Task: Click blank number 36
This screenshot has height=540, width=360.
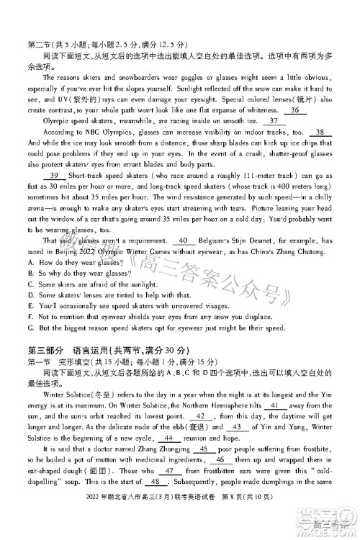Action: click(x=294, y=110)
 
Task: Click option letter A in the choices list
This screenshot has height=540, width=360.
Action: click(x=30, y=262)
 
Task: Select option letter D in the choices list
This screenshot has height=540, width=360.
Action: click(x=30, y=294)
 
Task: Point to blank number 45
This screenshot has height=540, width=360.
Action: click(x=202, y=469)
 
